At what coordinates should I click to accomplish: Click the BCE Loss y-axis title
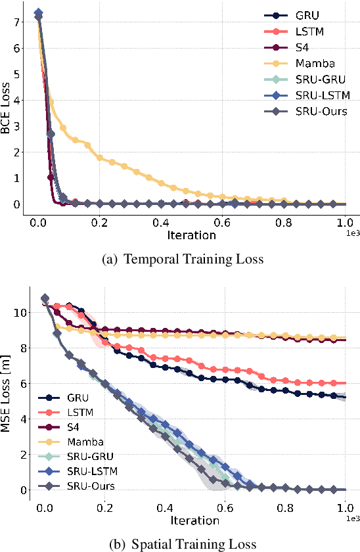[7, 110]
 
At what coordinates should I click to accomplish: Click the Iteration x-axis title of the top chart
[191, 235]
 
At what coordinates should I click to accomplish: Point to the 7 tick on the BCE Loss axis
[17, 22]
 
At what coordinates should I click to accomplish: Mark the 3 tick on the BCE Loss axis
[17, 126]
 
